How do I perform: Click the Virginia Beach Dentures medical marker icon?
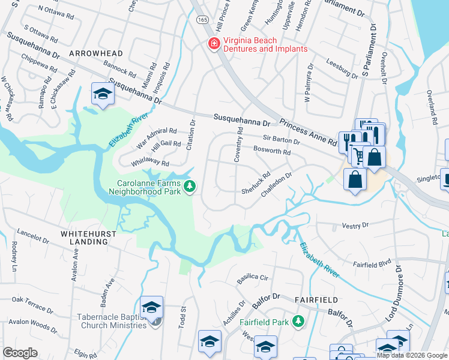click(x=212, y=44)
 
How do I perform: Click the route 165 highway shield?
click(x=199, y=19)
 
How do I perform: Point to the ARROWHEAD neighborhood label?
click(x=93, y=53)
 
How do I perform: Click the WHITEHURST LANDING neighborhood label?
click(x=84, y=237)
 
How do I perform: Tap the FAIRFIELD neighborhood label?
click(x=316, y=299)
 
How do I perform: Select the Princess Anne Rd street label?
click(x=307, y=133)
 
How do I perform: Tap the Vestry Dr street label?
click(x=355, y=226)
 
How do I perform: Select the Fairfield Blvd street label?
click(x=372, y=263)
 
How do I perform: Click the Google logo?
click(x=20, y=353)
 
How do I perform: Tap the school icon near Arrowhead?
click(x=103, y=95)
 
